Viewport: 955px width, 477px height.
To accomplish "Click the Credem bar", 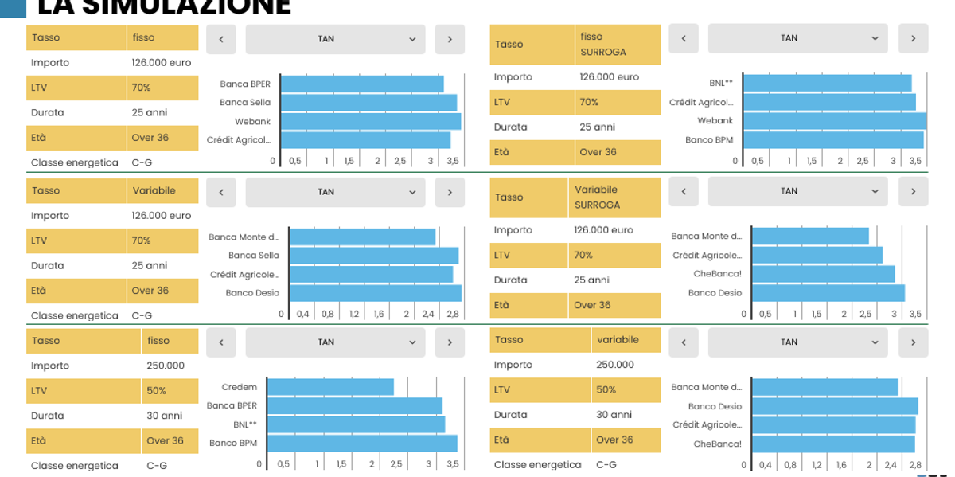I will pos(330,387).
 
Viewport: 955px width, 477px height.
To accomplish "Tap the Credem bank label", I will pos(240,387).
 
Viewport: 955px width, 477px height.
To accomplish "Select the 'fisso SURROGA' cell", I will pos(618,44).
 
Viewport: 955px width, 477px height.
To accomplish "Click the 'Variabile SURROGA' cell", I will pos(618,197).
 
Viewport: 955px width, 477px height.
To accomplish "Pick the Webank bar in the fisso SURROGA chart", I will pos(834,121).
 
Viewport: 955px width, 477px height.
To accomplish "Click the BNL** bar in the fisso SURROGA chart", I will pos(827,83).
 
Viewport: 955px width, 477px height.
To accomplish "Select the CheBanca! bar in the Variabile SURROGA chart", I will pos(823,274).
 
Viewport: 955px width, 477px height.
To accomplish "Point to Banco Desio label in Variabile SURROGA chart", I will pos(715,293).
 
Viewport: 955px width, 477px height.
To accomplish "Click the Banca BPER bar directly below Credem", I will pos(354,406).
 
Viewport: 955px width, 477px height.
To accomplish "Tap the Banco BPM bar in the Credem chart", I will pos(362,443).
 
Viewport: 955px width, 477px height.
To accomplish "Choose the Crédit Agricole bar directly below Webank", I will pos(365,140).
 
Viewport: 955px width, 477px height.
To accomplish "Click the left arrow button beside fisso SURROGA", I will pos(684,38).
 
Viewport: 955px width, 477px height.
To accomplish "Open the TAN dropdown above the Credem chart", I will pos(335,342).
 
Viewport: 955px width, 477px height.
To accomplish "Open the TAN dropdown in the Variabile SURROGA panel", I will pos(797,191).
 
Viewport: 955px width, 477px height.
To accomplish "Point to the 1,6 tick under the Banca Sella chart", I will pos(379,315).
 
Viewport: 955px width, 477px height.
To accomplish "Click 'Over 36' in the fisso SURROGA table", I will pos(597,152).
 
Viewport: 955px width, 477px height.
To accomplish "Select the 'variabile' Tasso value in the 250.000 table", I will pos(618,340).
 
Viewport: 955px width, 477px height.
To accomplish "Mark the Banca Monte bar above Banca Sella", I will pos(362,237).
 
